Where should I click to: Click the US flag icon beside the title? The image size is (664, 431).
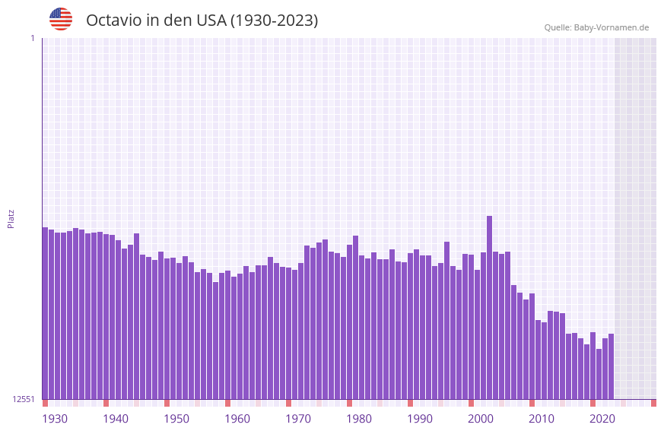[x=61, y=19]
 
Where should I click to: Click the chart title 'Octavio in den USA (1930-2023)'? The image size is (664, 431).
[x=202, y=21]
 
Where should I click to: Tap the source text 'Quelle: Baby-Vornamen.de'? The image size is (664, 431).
[x=596, y=27]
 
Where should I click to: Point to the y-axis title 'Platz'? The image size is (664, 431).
[x=11, y=218]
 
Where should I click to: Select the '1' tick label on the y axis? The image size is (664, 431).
[x=32, y=38]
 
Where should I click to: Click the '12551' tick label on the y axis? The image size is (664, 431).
[x=24, y=399]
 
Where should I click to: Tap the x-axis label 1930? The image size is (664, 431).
[x=55, y=419]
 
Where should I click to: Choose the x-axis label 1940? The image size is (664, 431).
[x=116, y=419]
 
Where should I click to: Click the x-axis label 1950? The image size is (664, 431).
[x=176, y=419]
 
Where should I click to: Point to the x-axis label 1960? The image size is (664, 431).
[x=237, y=419]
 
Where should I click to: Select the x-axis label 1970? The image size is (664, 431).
[x=298, y=419]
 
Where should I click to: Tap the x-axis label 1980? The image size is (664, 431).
[x=359, y=419]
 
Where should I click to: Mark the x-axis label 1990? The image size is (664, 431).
[x=420, y=419]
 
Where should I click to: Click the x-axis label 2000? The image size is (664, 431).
[x=481, y=419]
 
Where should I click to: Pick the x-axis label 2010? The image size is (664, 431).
[x=542, y=419]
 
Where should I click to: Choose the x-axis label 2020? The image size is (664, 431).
[x=602, y=419]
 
